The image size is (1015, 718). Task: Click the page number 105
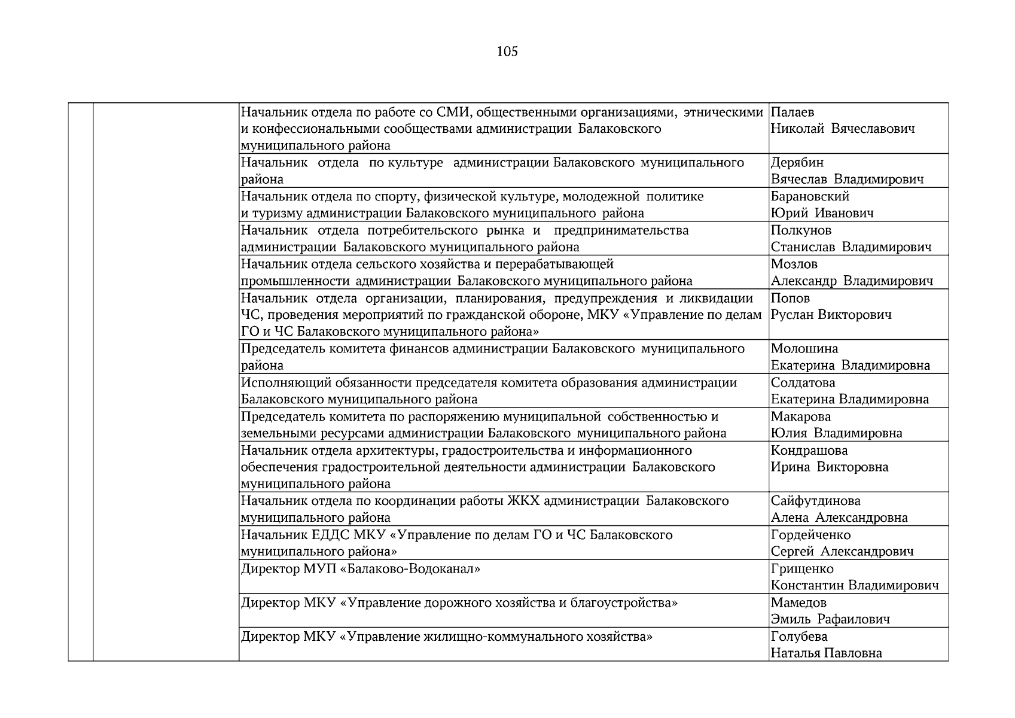coord(507,51)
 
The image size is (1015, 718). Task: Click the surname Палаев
coord(793,112)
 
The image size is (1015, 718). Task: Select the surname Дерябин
coord(797,163)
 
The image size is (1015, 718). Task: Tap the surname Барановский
coord(810,196)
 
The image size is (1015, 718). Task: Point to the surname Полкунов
coord(801,230)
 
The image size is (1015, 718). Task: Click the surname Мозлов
coord(794,264)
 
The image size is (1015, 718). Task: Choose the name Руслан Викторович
coord(831,315)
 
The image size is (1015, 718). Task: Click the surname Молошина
coord(804,348)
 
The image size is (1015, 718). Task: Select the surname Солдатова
coord(803,382)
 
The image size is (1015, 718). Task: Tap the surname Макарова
coord(801,416)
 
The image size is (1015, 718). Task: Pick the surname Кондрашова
coord(809,451)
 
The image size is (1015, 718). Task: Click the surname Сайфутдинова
coord(816,501)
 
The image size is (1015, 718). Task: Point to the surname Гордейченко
coord(811,535)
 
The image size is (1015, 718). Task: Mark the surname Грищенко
coord(802,569)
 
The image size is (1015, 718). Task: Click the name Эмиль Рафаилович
coord(830,619)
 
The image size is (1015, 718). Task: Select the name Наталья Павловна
coord(826,653)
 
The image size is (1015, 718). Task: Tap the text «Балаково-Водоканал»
coord(410,569)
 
